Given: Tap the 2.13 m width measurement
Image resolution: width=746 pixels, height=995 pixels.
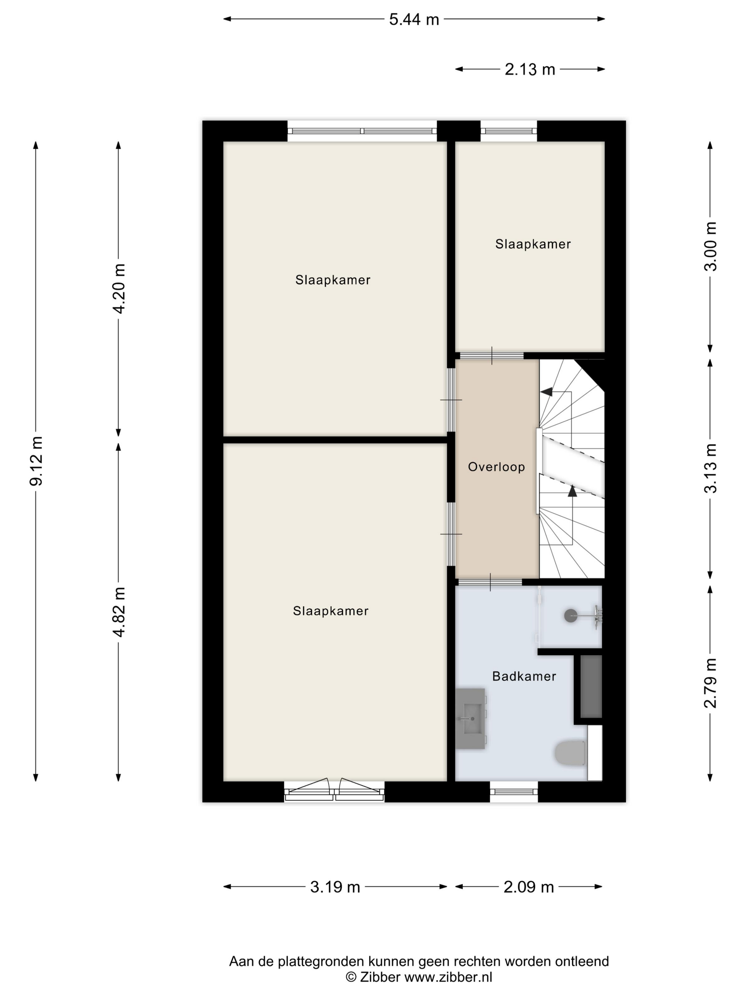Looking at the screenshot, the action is tap(530, 70).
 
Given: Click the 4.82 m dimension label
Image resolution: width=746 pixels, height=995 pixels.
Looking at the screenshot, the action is tap(119, 612).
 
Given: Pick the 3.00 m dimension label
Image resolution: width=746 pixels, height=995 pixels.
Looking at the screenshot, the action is tap(710, 247).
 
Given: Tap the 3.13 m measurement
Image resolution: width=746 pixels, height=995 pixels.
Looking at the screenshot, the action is tap(710, 468).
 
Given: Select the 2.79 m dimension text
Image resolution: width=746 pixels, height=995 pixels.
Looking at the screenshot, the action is tap(710, 683).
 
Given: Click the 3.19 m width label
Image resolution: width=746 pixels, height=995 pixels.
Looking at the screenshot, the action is tap(335, 887).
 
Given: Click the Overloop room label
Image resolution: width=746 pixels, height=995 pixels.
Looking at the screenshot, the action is tap(496, 467).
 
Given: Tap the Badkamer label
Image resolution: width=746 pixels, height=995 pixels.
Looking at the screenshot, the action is tap(524, 676).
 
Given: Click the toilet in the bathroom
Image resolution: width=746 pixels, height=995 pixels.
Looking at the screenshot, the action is tap(570, 753).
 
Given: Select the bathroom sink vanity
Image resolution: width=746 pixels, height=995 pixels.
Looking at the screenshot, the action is tap(471, 719).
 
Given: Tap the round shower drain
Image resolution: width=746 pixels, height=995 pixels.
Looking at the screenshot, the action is tap(571, 616).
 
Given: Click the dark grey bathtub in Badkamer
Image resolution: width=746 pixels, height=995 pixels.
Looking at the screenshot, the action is tap(591, 687).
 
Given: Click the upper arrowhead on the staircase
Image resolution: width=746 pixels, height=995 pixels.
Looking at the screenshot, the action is tap(546, 392).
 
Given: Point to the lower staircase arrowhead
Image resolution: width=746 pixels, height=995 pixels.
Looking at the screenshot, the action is tap(572, 491).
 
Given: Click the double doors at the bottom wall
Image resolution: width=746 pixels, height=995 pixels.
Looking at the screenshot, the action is tap(334, 790).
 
